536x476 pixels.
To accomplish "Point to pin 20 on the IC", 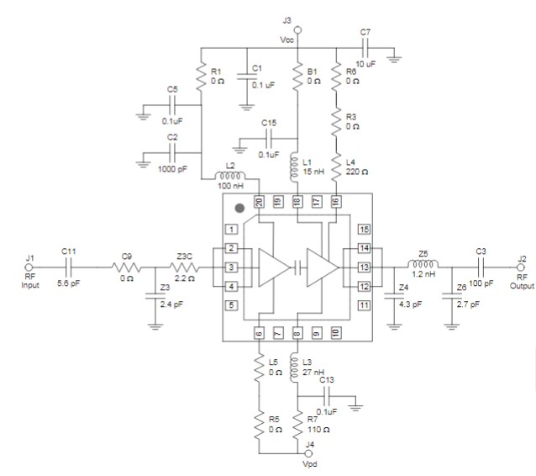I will pyautogui.click(x=260, y=202).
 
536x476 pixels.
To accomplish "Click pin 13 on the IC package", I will pyautogui.click(x=364, y=267).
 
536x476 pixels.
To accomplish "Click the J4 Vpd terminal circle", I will pyautogui.click(x=299, y=454).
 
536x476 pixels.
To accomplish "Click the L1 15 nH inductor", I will pyautogui.click(x=298, y=167).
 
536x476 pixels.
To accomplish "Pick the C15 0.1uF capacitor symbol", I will pyautogui.click(x=270, y=140).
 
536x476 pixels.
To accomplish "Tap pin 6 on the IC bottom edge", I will pyautogui.click(x=260, y=333).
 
